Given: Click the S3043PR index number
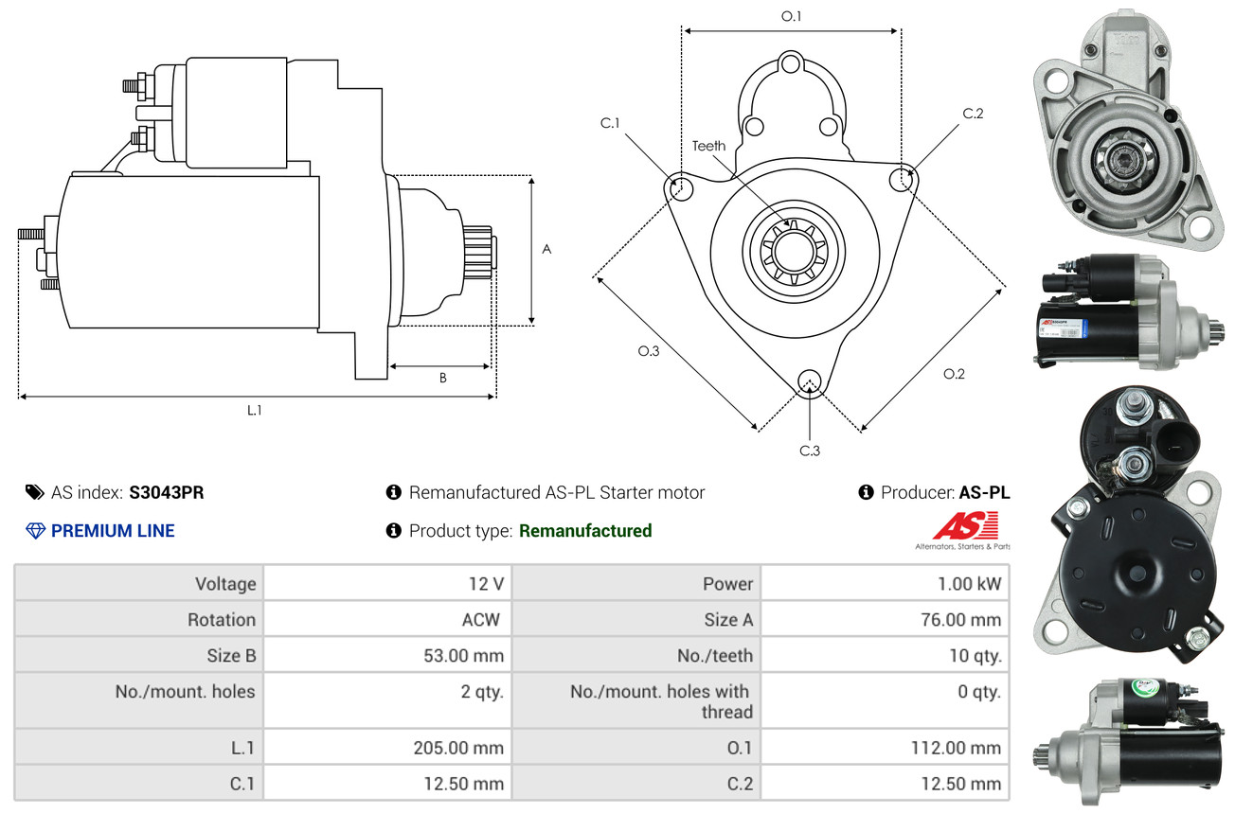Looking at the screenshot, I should click(167, 492).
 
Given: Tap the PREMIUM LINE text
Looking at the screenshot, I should click(113, 531).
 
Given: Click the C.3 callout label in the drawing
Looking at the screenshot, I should click(809, 451).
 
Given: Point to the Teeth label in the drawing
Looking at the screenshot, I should click(708, 146).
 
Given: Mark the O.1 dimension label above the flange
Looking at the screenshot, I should click(791, 16).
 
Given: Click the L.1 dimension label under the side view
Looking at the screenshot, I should click(255, 410).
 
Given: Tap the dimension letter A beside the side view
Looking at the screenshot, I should click(546, 250).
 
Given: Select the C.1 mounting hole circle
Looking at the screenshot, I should click(679, 187).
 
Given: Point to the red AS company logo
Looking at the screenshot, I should click(965, 525).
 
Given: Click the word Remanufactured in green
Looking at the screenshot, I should click(585, 531).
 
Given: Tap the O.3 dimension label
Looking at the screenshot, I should click(648, 351).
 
